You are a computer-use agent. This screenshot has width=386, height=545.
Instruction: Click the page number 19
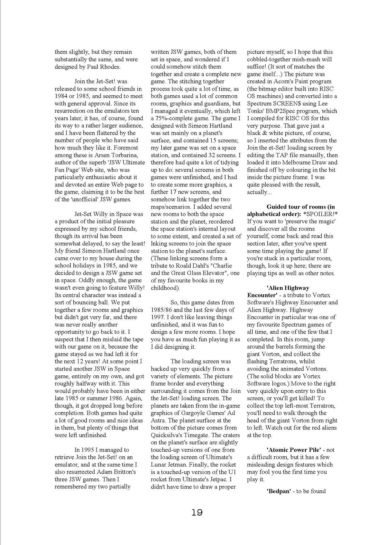point(197,512)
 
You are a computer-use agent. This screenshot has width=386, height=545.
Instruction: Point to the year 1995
point(87,450)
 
